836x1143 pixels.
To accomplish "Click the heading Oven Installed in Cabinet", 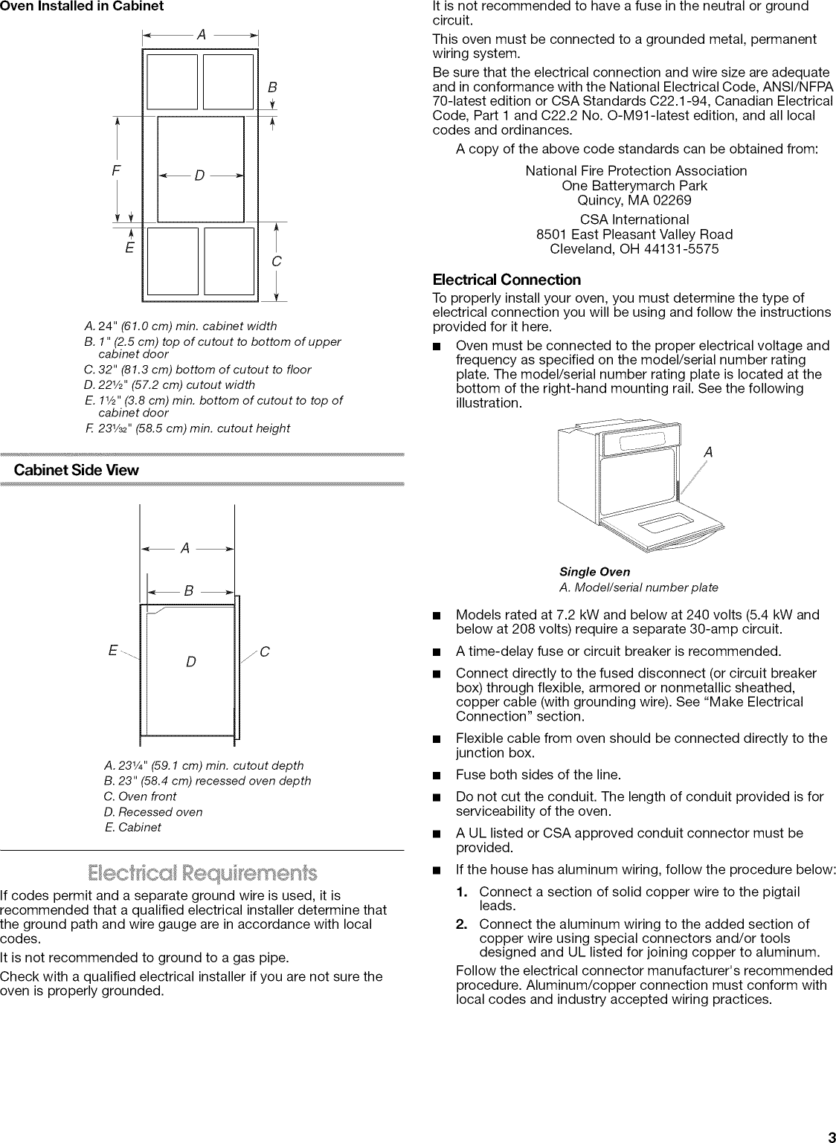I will tap(82, 6).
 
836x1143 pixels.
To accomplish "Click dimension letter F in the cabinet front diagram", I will tap(115, 171).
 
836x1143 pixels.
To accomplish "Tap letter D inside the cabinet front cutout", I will tap(199, 176).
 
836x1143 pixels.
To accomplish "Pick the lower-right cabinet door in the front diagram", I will tap(229, 261).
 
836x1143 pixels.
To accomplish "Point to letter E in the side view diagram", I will tap(112, 651).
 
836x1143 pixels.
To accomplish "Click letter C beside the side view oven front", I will tap(265, 652).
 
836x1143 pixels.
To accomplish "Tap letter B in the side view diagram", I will tap(189, 591).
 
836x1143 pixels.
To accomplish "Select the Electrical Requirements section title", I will tap(202, 872).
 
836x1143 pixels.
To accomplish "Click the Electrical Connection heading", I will tap(507, 280).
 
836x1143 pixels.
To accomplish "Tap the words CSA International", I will tap(634, 219).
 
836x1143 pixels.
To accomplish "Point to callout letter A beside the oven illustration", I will tap(708, 452).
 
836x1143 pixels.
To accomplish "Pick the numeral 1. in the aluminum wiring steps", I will tap(465, 891).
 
